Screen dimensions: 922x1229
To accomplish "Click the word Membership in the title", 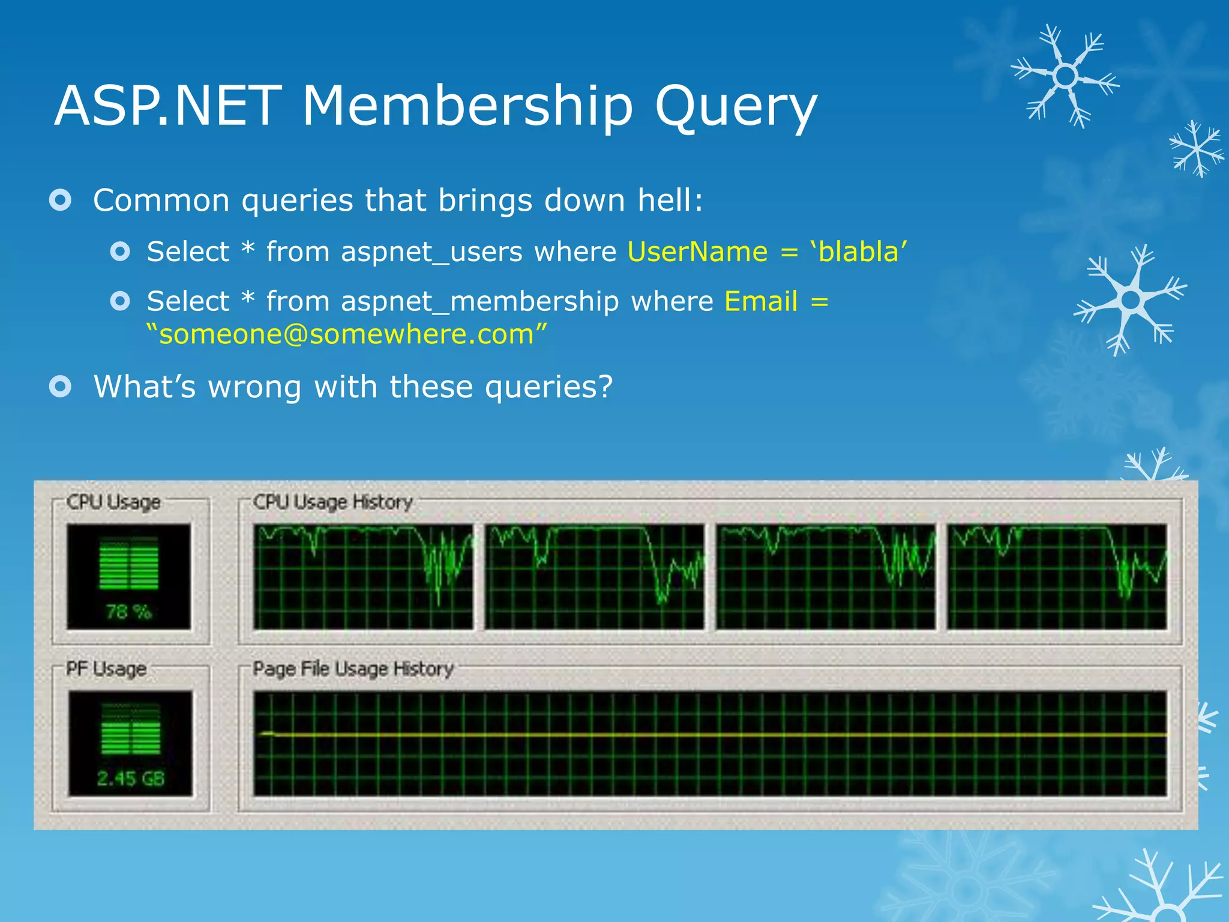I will pyautogui.click(x=467, y=106).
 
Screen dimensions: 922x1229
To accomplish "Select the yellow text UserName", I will pyautogui.click(x=697, y=252).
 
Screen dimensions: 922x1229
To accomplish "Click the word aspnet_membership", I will pyautogui.click(x=479, y=301).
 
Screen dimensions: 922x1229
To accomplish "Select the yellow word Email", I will pyautogui.click(x=761, y=301).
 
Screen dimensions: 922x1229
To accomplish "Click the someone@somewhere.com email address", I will pyautogui.click(x=347, y=334).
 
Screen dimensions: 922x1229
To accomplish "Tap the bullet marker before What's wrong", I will pyautogui.click(x=61, y=386).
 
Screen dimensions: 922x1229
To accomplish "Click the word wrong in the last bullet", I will pyautogui.click(x=254, y=387).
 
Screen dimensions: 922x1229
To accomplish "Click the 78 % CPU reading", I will pyautogui.click(x=128, y=612).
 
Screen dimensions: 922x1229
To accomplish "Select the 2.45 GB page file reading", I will pyautogui.click(x=130, y=779).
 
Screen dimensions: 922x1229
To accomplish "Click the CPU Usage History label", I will pyautogui.click(x=332, y=502).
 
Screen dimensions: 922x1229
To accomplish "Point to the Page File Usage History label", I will pyautogui.click(x=353, y=669).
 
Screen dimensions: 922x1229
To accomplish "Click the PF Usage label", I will pyautogui.click(x=106, y=669).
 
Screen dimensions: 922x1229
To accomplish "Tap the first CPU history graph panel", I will pyautogui.click(x=362, y=577).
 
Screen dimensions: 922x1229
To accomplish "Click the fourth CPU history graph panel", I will pyautogui.click(x=1057, y=577).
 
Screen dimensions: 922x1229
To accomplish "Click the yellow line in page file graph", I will pyautogui.click(x=708, y=735).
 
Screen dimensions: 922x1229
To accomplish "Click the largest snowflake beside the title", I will pyautogui.click(x=1065, y=76).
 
